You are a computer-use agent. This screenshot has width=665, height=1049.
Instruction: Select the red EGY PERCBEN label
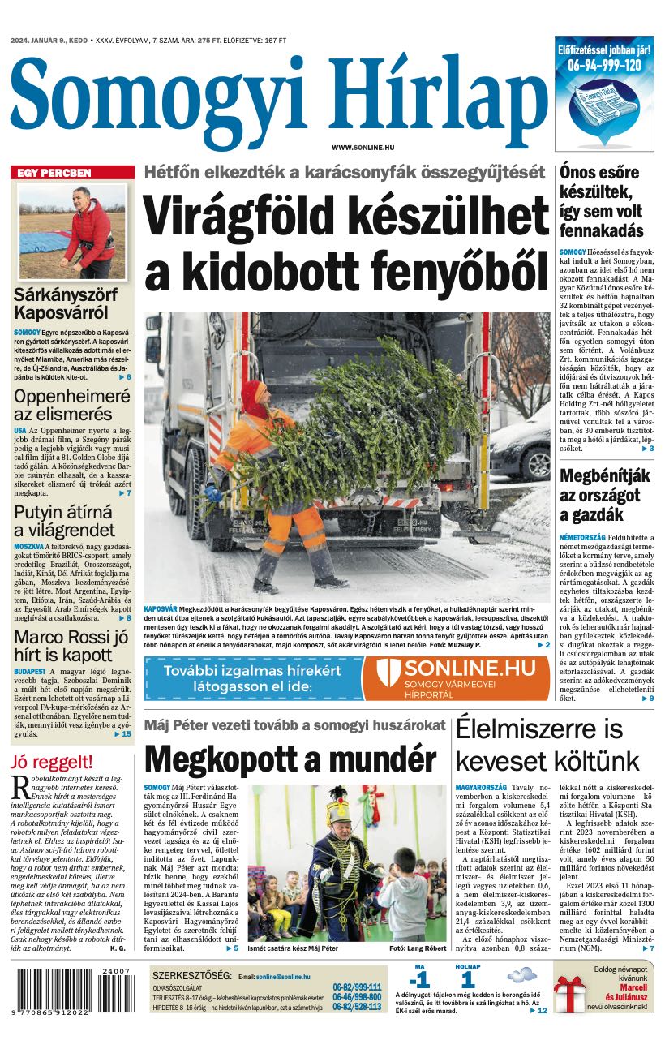[x=54, y=173]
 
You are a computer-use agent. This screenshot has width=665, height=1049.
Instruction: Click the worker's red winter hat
[x=254, y=397]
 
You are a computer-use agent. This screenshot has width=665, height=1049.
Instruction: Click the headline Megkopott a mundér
[x=290, y=759]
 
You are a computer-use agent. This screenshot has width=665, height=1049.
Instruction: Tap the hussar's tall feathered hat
[x=337, y=808]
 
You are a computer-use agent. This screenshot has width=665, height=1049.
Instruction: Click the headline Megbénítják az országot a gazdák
[x=604, y=496]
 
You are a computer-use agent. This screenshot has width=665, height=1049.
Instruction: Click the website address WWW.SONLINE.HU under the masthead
[x=363, y=147]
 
